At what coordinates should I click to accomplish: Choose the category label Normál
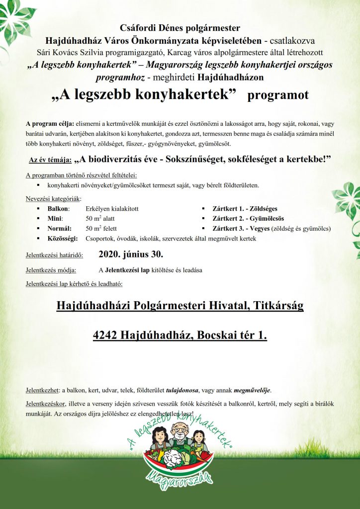(59, 229)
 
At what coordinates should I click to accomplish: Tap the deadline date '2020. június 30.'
(131, 255)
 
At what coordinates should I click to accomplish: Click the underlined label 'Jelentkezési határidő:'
(54, 256)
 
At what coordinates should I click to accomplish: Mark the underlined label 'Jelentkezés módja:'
(51, 270)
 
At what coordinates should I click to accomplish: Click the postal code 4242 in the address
(105, 336)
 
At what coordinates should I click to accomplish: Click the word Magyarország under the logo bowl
(180, 480)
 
